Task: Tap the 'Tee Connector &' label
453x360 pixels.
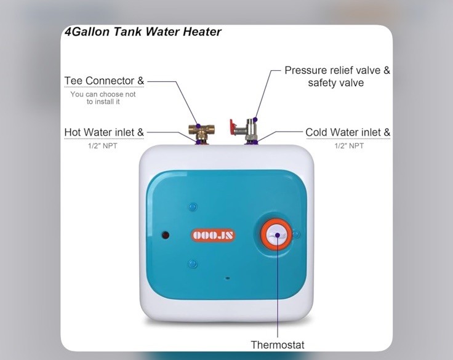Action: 104,81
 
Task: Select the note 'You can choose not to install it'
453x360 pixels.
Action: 103,98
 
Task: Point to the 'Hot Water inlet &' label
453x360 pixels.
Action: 104,132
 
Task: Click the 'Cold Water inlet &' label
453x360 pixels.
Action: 348,132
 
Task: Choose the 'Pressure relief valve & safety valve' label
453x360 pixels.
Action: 337,76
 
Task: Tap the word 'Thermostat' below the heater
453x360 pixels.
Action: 277,345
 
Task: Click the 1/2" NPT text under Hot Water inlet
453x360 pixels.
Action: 103,146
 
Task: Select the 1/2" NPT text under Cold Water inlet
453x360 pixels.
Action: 349,146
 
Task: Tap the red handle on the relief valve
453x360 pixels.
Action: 236,127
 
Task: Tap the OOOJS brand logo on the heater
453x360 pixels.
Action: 214,235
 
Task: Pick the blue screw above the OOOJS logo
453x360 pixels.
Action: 193,207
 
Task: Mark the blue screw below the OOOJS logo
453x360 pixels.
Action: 193,265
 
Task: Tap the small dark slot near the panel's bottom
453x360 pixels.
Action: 228,278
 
